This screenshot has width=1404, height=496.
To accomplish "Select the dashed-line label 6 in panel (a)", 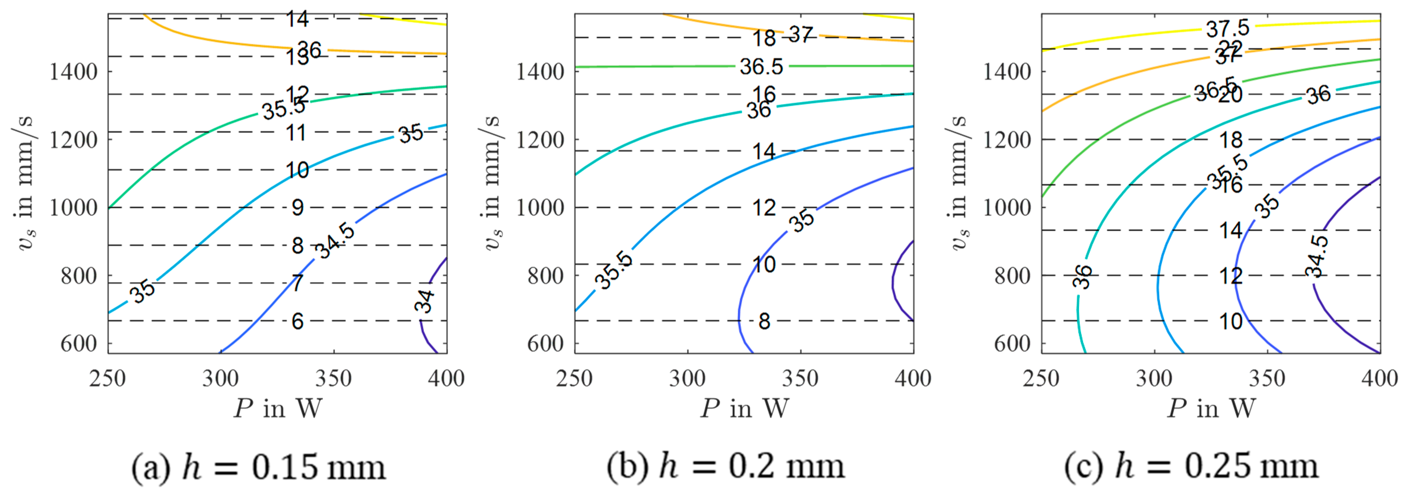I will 297,322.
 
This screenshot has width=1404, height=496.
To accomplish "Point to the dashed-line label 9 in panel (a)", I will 297,208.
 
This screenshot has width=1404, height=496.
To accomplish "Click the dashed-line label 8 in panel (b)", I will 764,322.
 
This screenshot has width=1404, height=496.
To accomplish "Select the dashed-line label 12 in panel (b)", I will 764,208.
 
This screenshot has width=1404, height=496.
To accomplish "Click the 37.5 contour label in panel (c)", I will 1227,29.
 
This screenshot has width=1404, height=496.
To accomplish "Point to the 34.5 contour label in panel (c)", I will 1317,256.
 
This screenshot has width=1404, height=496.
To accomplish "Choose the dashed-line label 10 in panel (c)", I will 1231,322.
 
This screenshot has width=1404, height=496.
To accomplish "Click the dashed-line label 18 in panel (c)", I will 1231,140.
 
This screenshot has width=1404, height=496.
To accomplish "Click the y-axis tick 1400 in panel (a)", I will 74,72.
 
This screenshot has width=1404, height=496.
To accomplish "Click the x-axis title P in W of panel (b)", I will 744,408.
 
